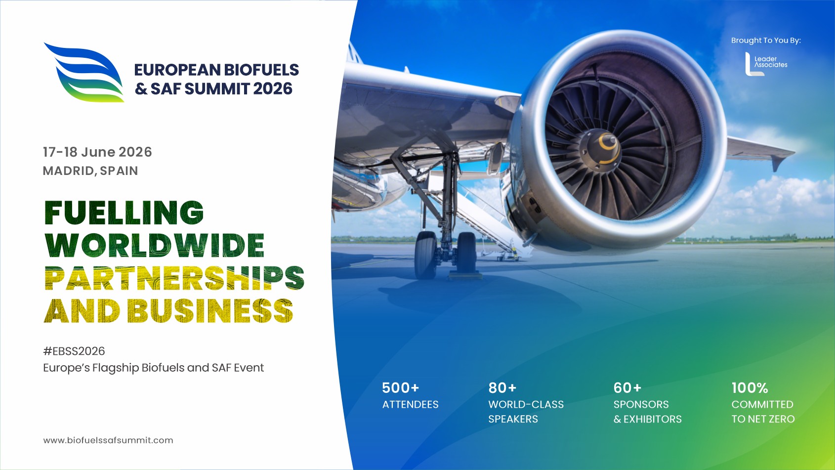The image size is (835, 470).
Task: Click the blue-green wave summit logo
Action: pyautogui.click(x=84, y=73)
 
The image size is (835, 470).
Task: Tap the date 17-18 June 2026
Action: pyautogui.click(x=97, y=152)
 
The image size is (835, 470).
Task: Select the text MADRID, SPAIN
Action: pyautogui.click(x=90, y=171)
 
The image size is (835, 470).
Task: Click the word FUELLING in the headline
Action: pyautogui.click(x=124, y=213)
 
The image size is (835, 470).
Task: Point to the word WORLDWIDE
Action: pyautogui.click(x=155, y=245)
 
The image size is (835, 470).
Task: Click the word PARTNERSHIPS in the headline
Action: pyautogui.click(x=174, y=278)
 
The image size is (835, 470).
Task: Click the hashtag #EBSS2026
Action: pyautogui.click(x=74, y=351)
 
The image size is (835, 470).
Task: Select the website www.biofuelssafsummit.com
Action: pyautogui.click(x=108, y=440)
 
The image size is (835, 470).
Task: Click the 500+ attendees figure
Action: pyautogui.click(x=400, y=388)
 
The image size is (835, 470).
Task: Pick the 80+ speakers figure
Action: pyautogui.click(x=502, y=388)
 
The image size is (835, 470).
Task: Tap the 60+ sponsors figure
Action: pyautogui.click(x=627, y=388)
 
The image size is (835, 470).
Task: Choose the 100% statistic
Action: pyautogui.click(x=750, y=388)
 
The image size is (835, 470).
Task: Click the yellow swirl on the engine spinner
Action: pyautogui.click(x=608, y=145)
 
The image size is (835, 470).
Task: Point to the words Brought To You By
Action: pyautogui.click(x=766, y=41)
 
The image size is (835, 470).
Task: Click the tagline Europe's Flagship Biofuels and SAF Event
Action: pyautogui.click(x=153, y=368)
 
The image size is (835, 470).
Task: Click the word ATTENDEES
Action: pyautogui.click(x=410, y=405)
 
